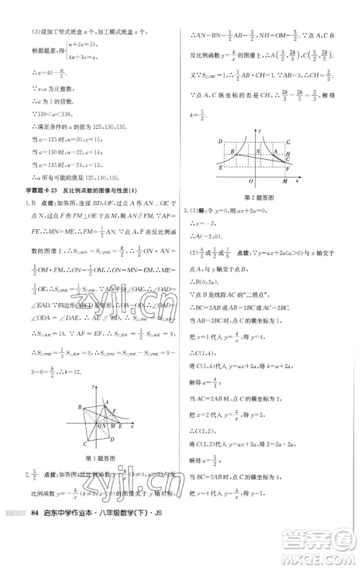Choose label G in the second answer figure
[288, 143]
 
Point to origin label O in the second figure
[250, 182]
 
